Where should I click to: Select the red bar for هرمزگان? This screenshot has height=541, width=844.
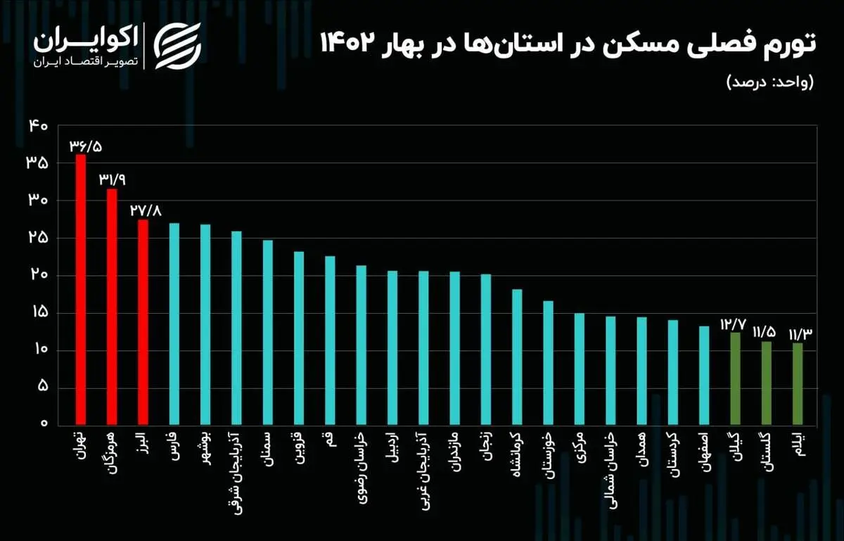point(112,307)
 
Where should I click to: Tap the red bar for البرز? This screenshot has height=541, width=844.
point(143,322)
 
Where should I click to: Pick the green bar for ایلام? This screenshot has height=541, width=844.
point(798,383)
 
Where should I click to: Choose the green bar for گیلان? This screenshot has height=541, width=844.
point(736,378)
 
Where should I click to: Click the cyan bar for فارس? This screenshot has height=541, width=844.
point(174,324)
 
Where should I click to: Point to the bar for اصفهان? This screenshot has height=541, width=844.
point(704,375)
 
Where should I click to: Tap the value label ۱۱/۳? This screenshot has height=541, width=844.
point(800,333)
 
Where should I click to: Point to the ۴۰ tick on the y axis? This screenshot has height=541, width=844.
point(38,126)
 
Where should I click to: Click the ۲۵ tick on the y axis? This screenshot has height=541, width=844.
point(38,238)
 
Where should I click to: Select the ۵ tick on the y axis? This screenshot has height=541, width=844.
point(41,387)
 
